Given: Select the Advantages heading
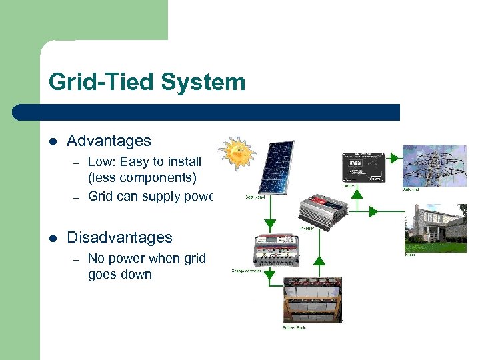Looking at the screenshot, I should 109,141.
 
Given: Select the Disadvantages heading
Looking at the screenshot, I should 119,237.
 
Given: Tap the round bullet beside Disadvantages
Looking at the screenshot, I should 53,238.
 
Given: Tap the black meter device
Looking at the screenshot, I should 364,167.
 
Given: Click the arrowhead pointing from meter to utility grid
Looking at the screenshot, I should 394,159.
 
